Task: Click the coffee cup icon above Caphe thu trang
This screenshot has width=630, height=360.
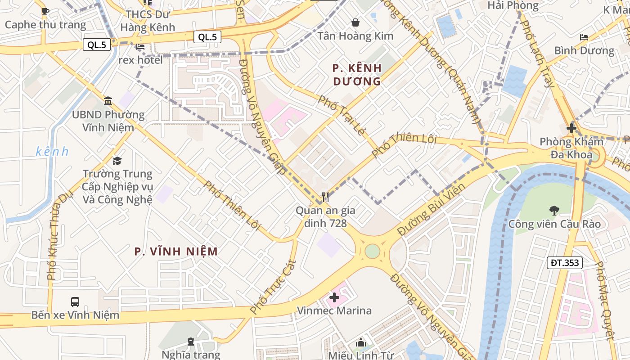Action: (x=45, y=11)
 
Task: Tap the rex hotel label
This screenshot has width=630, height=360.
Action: (x=140, y=59)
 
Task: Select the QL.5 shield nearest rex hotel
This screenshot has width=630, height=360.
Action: (x=97, y=45)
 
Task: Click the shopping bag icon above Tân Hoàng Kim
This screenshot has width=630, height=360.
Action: (x=355, y=22)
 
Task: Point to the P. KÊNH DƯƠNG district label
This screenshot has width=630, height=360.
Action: (x=357, y=75)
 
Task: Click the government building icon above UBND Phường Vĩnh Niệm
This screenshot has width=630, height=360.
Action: (x=108, y=101)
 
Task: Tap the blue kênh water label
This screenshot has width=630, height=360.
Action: (x=52, y=152)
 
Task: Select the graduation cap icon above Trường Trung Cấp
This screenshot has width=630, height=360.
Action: (x=117, y=160)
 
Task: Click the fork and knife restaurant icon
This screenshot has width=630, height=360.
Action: (x=325, y=197)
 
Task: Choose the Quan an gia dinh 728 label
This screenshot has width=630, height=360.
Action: (x=325, y=216)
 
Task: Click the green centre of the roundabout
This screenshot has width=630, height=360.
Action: (x=372, y=251)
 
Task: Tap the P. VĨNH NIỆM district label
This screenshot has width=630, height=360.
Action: (x=176, y=252)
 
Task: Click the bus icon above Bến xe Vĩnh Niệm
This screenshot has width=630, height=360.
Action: (x=75, y=301)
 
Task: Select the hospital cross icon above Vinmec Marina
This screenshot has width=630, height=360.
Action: (x=334, y=297)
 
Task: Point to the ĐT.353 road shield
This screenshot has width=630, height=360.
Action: (x=565, y=263)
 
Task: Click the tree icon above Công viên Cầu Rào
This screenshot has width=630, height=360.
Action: (x=554, y=210)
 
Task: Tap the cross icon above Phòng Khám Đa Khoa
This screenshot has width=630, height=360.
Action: (x=571, y=128)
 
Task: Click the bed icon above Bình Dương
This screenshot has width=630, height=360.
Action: (x=584, y=37)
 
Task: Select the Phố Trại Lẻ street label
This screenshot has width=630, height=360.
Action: (x=341, y=115)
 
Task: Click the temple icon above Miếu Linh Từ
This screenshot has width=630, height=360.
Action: (x=360, y=343)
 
